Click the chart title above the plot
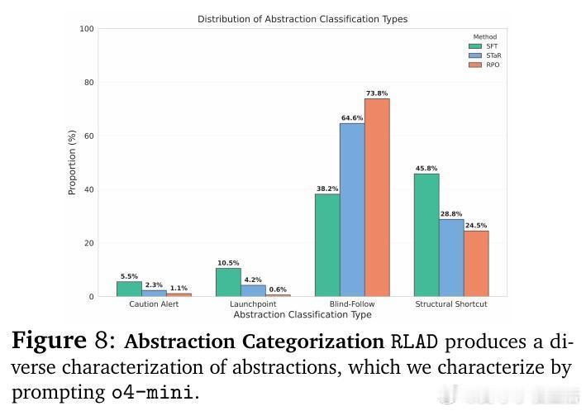click(x=302, y=19)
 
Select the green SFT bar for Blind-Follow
click(x=327, y=245)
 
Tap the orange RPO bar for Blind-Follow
click(x=377, y=197)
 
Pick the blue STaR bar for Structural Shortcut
click(x=451, y=257)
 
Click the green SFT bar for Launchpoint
click(x=228, y=282)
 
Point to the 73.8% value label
click(x=377, y=93)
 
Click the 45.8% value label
click(x=426, y=169)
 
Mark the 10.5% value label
click(x=228, y=263)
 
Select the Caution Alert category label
click(x=154, y=304)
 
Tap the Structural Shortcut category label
click(x=451, y=304)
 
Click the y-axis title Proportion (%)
click(x=72, y=162)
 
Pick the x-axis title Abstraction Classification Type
click(x=303, y=315)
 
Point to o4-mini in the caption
click(x=154, y=391)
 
